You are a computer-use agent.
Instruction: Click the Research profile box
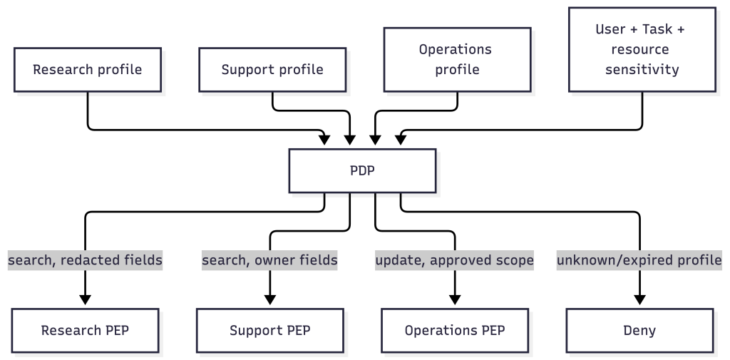click(88, 69)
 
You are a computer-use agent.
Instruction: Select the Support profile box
click(272, 69)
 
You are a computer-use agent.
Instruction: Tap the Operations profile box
click(457, 60)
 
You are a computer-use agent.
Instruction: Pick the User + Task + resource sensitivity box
click(642, 49)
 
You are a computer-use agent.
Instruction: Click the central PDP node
click(362, 171)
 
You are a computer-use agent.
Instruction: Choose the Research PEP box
click(86, 330)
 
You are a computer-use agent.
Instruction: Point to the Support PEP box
click(270, 330)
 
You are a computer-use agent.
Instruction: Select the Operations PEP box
click(455, 330)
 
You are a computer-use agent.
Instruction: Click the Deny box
click(639, 330)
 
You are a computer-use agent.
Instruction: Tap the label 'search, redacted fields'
click(86, 260)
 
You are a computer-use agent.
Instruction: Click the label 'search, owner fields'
click(269, 260)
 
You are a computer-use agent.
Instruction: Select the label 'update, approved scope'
click(454, 260)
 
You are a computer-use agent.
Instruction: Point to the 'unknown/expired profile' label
click(639, 260)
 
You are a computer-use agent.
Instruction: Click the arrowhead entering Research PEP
click(86, 300)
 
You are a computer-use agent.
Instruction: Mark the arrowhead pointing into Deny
click(639, 300)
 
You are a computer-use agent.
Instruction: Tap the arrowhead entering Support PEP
click(270, 300)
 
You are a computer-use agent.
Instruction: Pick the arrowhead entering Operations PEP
click(455, 300)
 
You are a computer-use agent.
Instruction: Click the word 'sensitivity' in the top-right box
click(642, 69)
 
